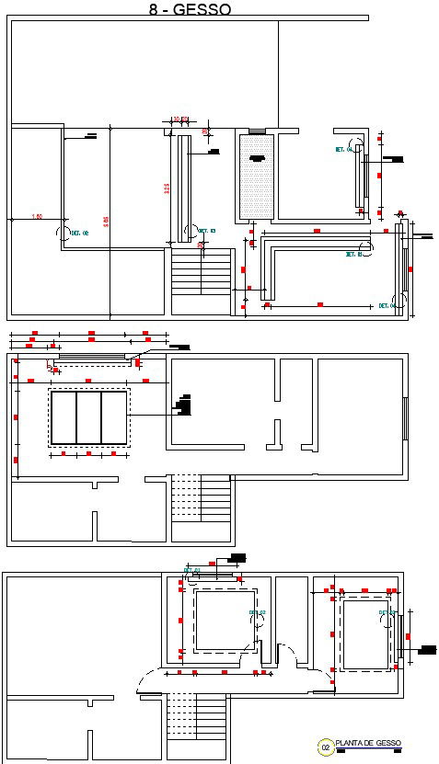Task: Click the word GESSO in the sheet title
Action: click(x=202, y=9)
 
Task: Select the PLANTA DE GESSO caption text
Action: click(x=368, y=744)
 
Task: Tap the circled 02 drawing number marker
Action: click(x=324, y=747)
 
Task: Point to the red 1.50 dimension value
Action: click(x=37, y=216)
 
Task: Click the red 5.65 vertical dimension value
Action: click(x=107, y=221)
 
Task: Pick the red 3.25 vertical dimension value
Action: click(x=167, y=188)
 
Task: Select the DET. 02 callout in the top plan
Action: click(x=79, y=234)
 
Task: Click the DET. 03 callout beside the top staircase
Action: click(x=206, y=232)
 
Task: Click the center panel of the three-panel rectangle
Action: click(x=88, y=417)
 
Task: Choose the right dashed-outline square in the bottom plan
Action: click(x=365, y=633)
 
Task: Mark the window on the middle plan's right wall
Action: click(x=405, y=414)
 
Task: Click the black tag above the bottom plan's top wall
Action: click(x=237, y=558)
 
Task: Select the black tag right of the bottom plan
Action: click(x=428, y=649)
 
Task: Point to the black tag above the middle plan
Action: click(x=179, y=348)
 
